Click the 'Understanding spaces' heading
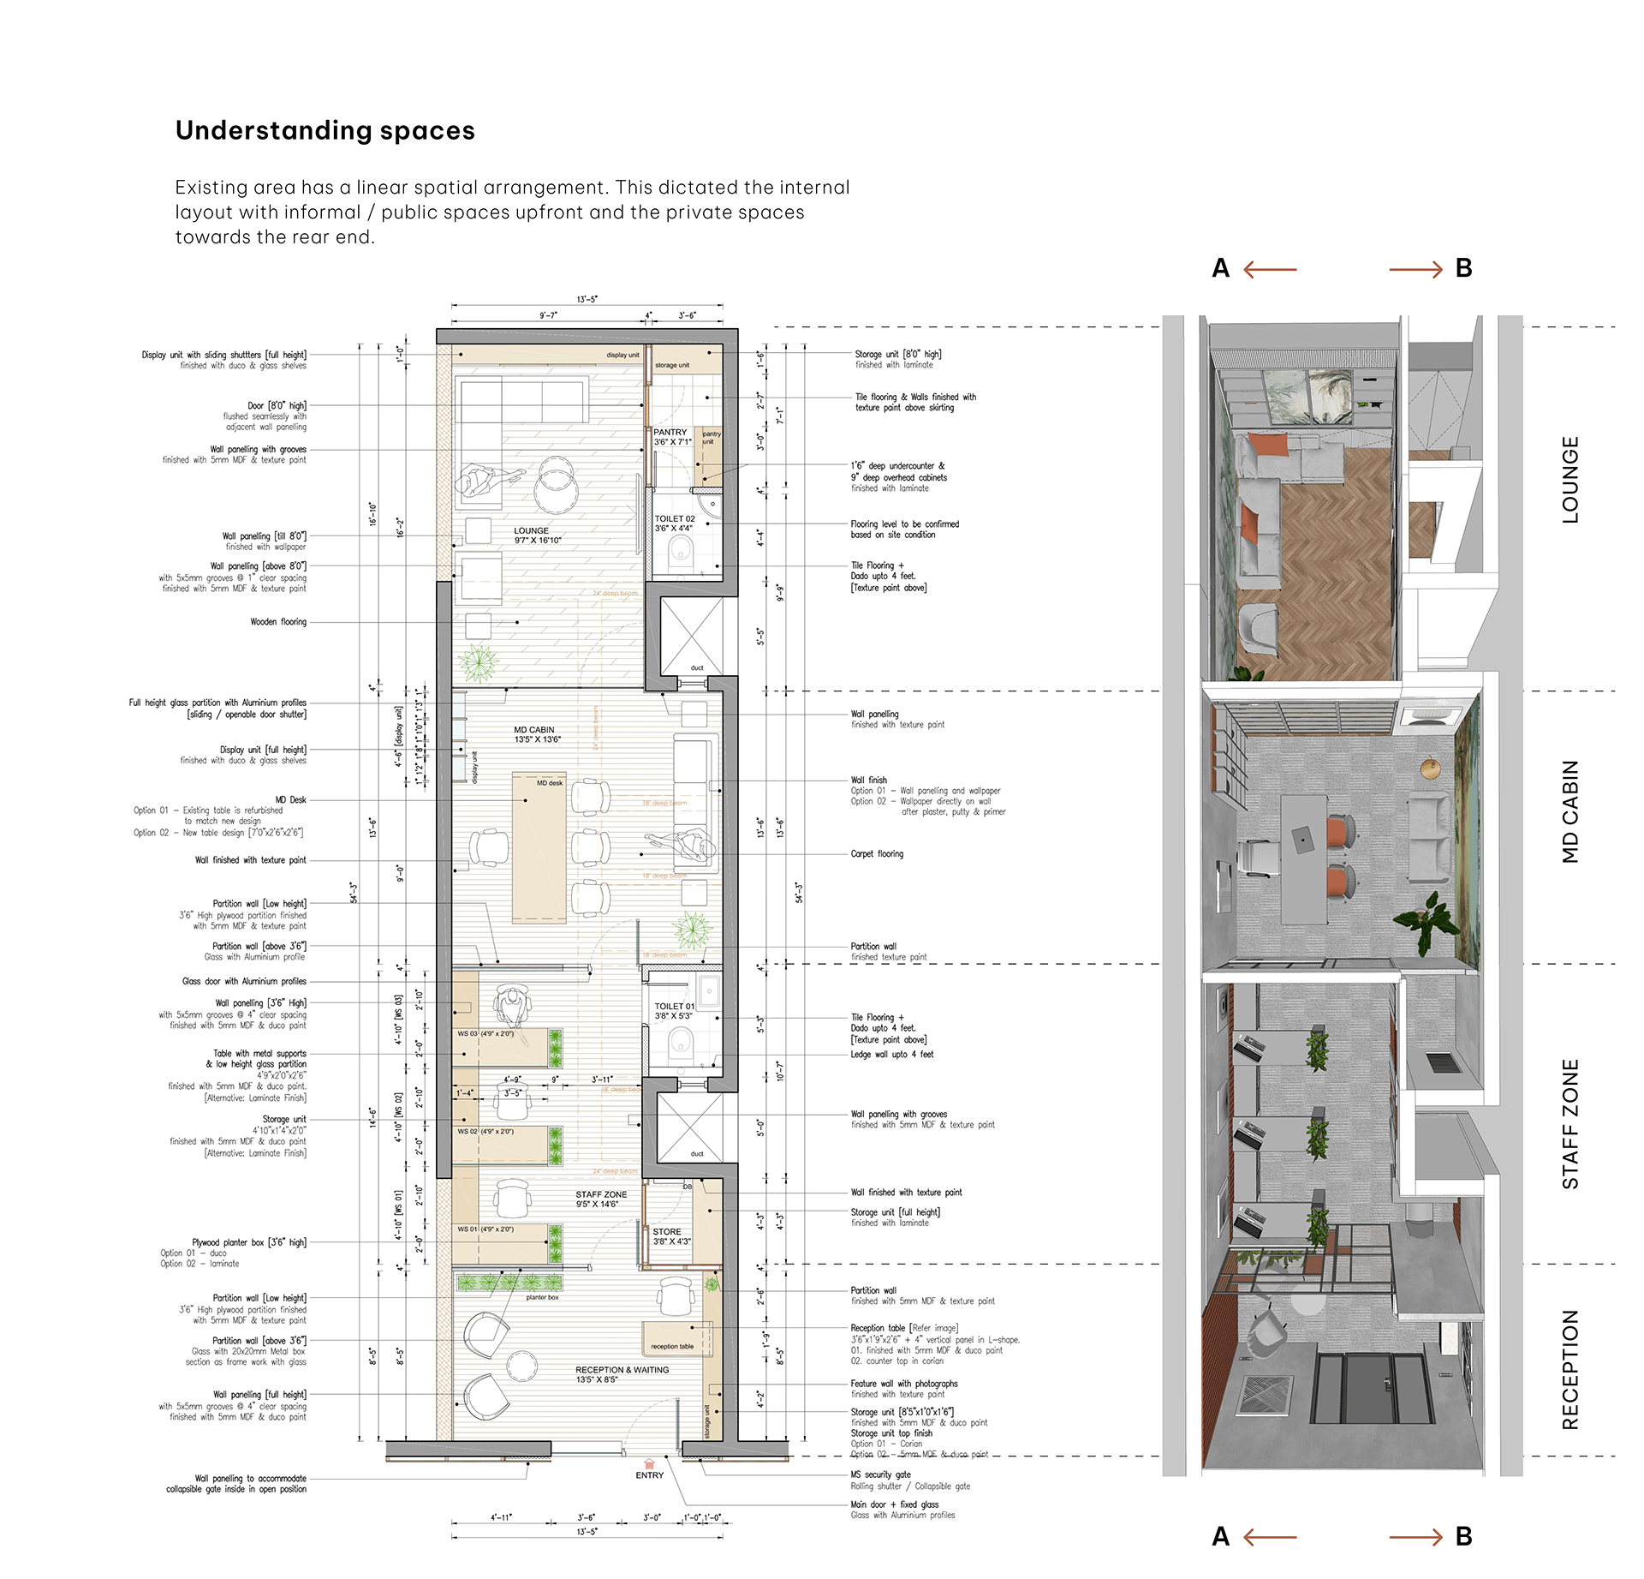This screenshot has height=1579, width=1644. click(x=325, y=130)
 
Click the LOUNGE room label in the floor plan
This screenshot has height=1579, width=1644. click(x=532, y=531)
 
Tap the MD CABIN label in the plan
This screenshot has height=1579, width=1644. click(x=534, y=730)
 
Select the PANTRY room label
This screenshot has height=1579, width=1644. click(x=670, y=433)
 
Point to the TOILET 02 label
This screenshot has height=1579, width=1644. click(x=675, y=519)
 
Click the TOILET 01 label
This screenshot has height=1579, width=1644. click(x=675, y=1007)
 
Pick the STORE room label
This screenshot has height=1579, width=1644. click(x=667, y=1231)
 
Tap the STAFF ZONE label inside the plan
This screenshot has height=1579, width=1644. click(x=601, y=1194)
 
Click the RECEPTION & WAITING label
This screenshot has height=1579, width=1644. click(x=622, y=1370)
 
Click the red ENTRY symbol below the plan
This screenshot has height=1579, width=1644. click(x=649, y=1464)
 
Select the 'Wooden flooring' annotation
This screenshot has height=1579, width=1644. click(x=278, y=622)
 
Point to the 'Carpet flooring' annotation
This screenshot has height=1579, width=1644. click(x=877, y=854)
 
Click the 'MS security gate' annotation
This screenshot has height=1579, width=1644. click(x=880, y=1474)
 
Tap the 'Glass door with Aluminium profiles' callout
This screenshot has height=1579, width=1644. click(x=244, y=982)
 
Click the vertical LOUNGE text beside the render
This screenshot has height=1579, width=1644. click(x=1570, y=480)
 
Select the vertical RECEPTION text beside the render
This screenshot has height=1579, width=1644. click(x=1570, y=1369)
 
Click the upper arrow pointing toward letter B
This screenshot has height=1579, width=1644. click(x=1415, y=270)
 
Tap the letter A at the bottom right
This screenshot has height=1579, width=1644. click(x=1220, y=1537)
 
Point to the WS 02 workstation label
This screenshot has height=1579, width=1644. click(x=467, y=1131)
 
